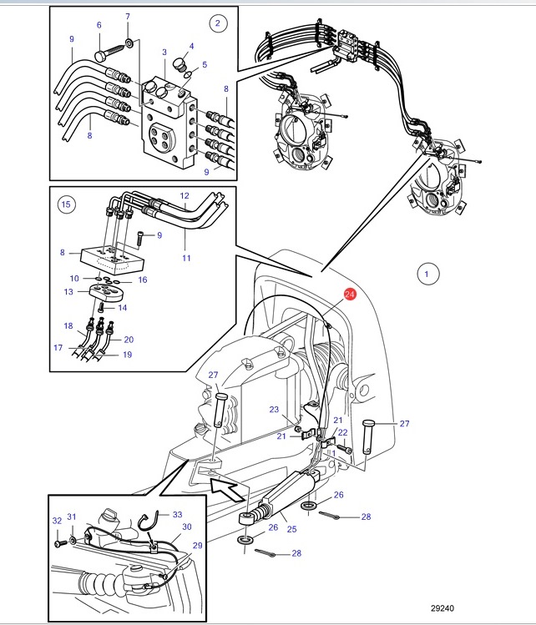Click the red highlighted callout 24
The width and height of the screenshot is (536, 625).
coord(350,295)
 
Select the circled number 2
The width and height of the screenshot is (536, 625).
coord(218,23)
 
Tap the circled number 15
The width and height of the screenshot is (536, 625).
coord(66,204)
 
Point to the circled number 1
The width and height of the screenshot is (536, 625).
coord(427,275)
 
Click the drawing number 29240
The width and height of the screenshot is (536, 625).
coord(442,608)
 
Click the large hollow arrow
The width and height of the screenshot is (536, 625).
coord(226,491)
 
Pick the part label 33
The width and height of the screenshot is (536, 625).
coord(178,514)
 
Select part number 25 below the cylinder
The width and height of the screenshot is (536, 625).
coord(292,529)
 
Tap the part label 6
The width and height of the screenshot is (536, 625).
coord(99,25)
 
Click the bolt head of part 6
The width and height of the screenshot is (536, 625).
coord(100,56)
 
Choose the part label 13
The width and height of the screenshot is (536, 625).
coord(68,291)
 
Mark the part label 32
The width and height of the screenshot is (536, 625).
coord(57,521)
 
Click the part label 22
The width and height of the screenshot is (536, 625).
coord(342,432)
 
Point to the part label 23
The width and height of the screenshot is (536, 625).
coord(274,410)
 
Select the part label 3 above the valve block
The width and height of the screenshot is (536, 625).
coord(164,52)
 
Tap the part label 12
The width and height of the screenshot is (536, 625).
coord(185,196)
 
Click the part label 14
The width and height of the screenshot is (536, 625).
coord(123,307)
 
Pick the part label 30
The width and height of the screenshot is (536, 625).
coord(187,527)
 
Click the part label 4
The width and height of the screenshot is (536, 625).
coord(191,46)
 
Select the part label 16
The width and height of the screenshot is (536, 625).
coord(143,280)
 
